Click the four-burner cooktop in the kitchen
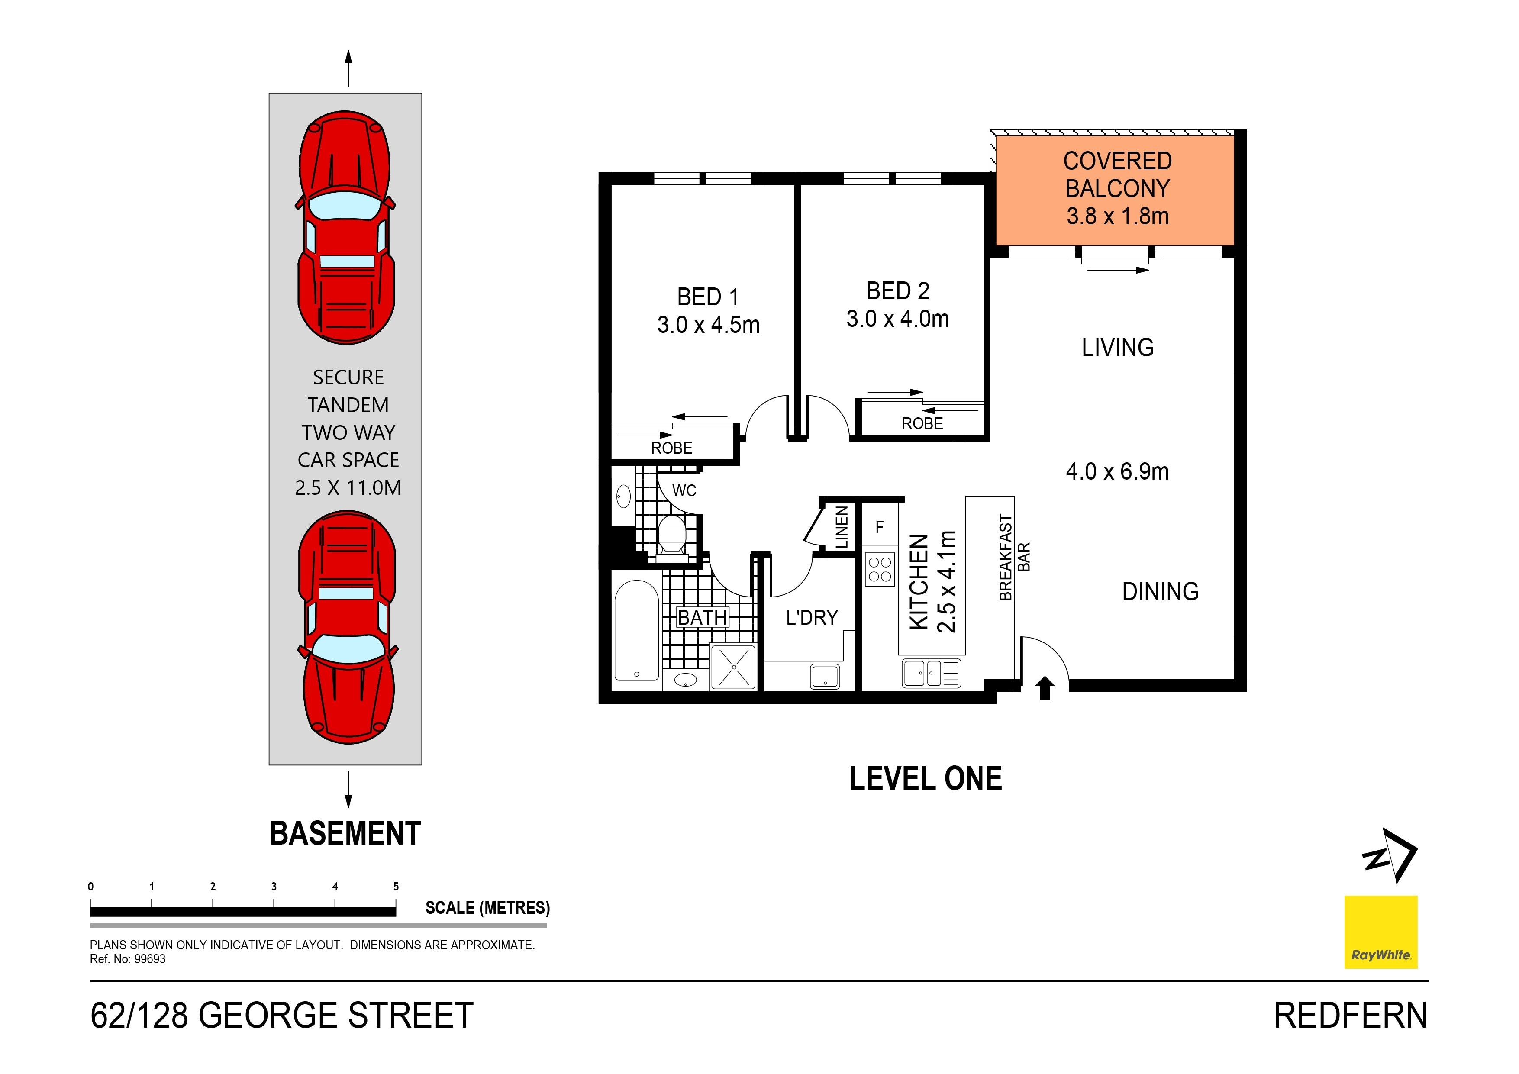click(880, 569)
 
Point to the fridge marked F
click(880, 527)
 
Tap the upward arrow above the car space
click(348, 68)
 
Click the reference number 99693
click(150, 960)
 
